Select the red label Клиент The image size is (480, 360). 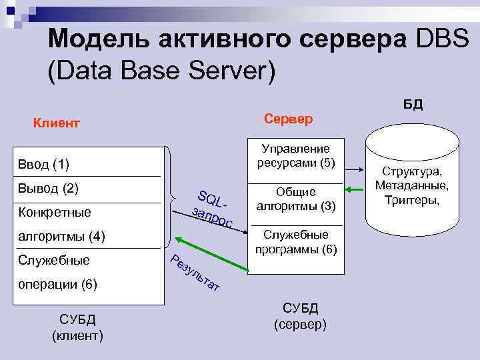coord(57,123)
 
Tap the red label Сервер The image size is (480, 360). coord(288,119)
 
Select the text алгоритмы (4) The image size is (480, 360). coord(59,236)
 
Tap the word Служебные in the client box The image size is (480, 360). coord(54,260)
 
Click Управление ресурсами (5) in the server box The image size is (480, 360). coord(296,155)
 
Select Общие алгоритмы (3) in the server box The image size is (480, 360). coord(296,198)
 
